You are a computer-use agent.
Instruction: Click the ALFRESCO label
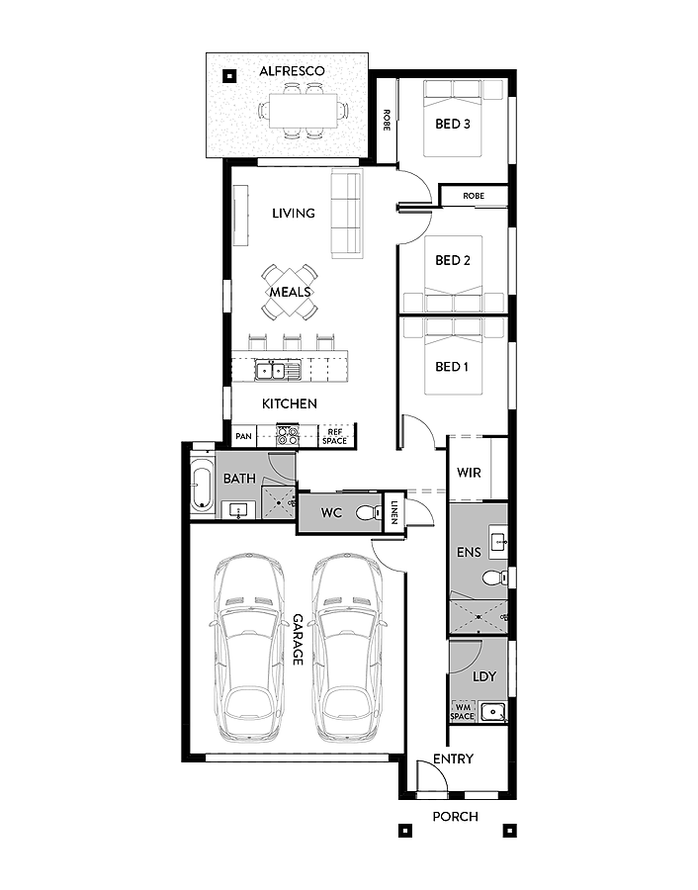pos(293,71)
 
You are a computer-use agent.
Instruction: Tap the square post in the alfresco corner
pos(229,75)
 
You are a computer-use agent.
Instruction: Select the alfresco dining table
pos(304,110)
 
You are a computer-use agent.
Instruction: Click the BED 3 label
pos(452,124)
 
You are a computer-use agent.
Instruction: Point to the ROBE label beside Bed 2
pos(474,196)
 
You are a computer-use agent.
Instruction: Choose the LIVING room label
pos(294,214)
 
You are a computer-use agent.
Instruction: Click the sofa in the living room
pos(346,214)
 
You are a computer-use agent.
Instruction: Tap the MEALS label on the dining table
pos(290,292)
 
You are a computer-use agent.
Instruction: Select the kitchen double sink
pos(271,371)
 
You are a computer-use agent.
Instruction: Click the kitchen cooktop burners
pos(287,435)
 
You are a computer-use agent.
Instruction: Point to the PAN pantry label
pos(243,436)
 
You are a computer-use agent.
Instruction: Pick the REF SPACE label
pos(335,436)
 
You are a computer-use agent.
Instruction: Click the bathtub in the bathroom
pos(202,486)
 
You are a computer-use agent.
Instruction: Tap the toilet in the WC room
pos(369,513)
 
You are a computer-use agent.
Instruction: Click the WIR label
pos(469,473)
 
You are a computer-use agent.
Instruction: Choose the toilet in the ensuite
pos(495,578)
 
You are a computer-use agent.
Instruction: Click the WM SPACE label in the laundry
pos(463,712)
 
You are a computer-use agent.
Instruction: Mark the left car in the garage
pos(249,647)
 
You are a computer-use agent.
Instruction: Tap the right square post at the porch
pos(509,831)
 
